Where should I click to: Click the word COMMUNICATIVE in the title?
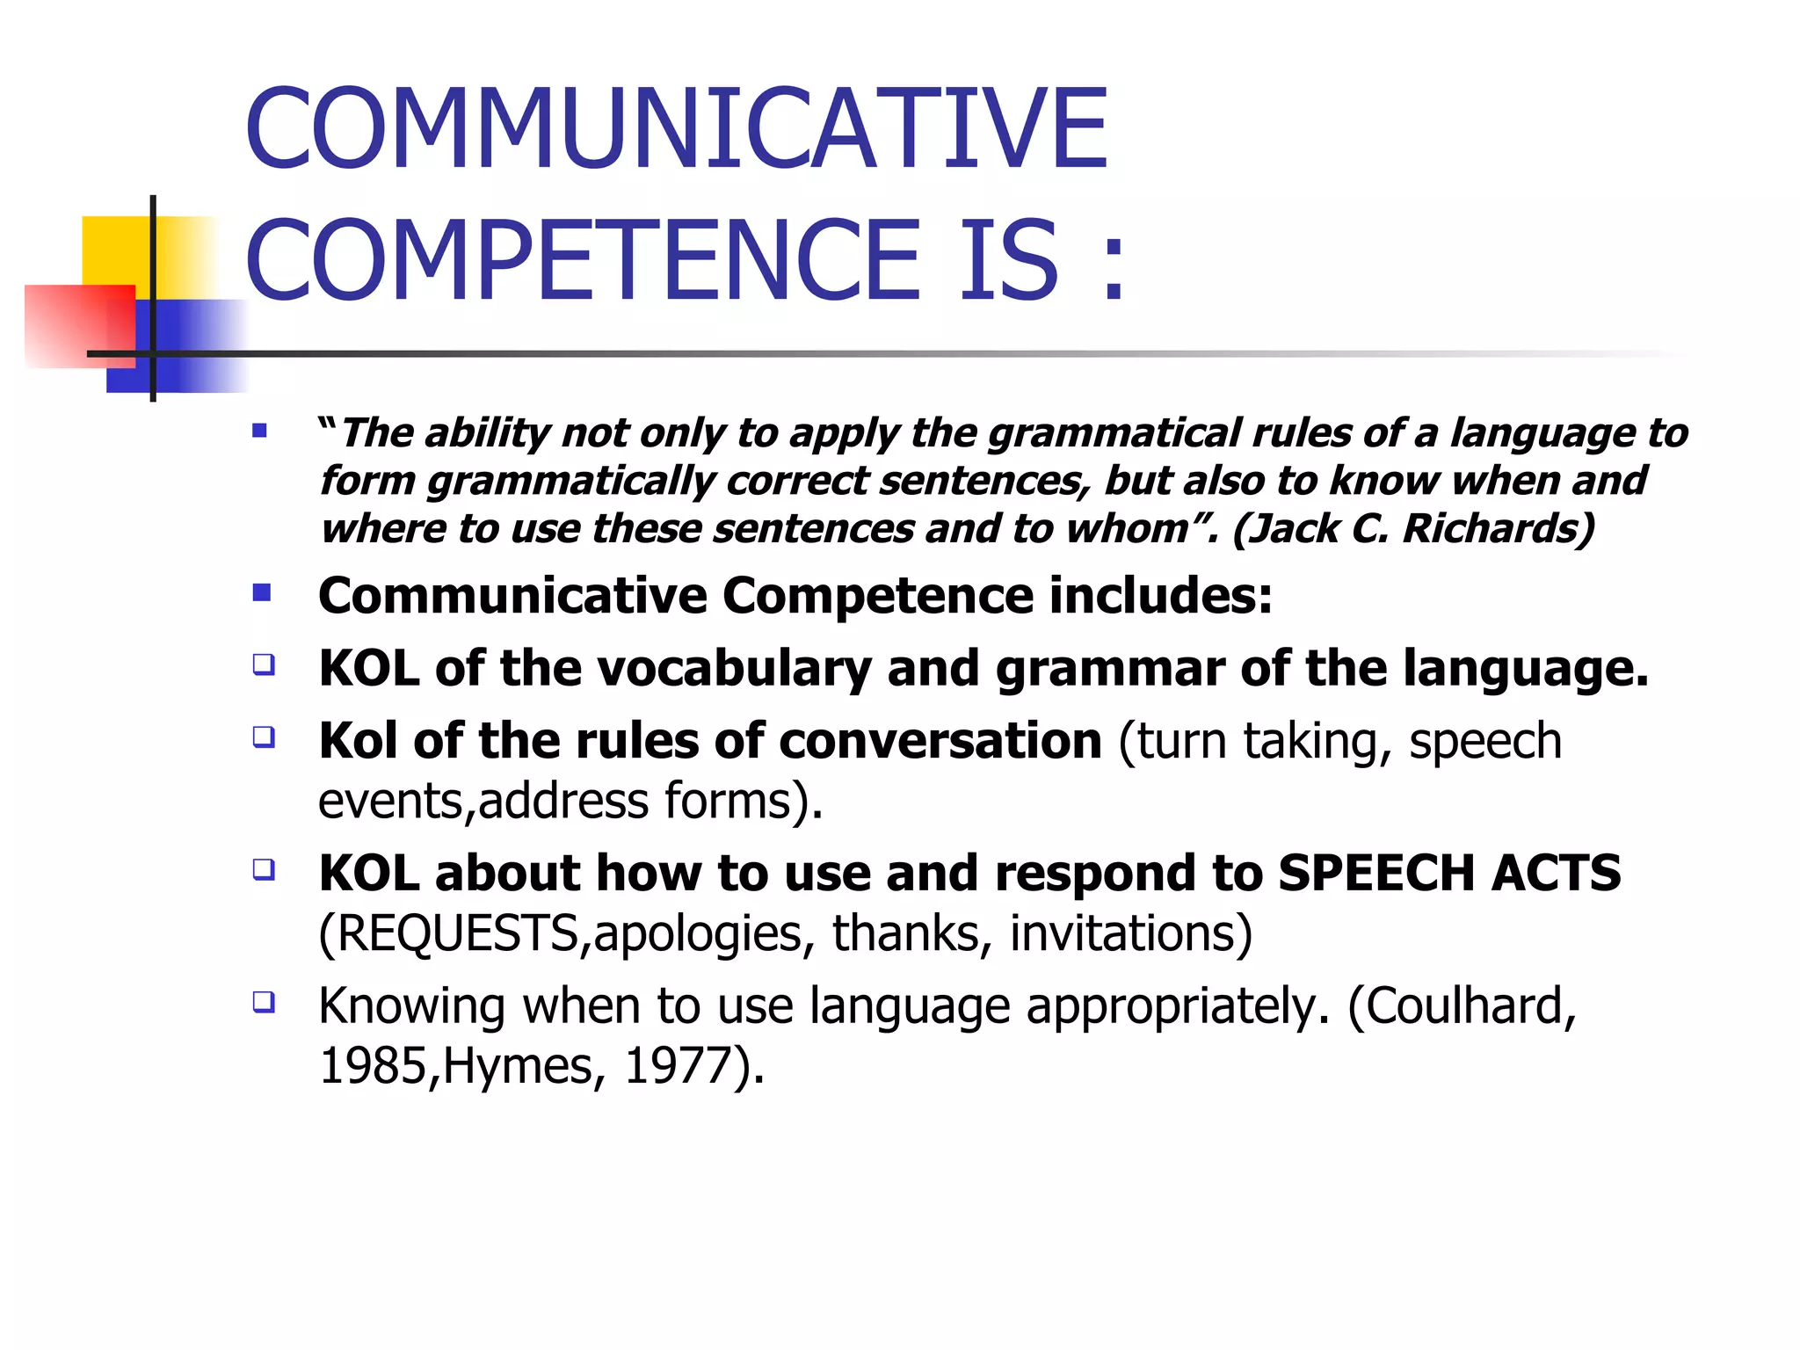[676, 128]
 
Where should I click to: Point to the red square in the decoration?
[79, 325]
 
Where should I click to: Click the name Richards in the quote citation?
[1498, 529]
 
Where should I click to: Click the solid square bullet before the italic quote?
[259, 431]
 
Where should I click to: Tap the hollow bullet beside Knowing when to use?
[264, 1002]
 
